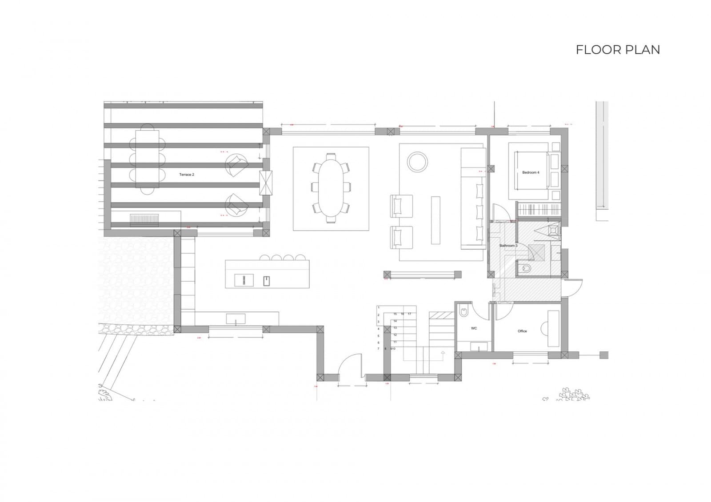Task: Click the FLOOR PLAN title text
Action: pyautogui.click(x=618, y=50)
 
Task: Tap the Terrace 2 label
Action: pyautogui.click(x=187, y=175)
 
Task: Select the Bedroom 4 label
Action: pyautogui.click(x=531, y=172)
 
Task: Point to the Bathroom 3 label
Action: pyautogui.click(x=508, y=246)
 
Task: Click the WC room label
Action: pyautogui.click(x=474, y=328)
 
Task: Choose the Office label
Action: pyautogui.click(x=522, y=331)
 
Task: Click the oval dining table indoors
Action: pyautogui.click(x=331, y=188)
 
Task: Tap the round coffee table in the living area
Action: pyautogui.click(x=418, y=161)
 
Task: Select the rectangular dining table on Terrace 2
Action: pyautogui.click(x=147, y=159)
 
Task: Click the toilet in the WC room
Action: pyautogui.click(x=463, y=312)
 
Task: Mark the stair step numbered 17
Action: pyautogui.click(x=409, y=314)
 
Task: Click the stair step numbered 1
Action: pyautogui.click(x=379, y=307)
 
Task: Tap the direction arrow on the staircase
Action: pyautogui.click(x=443, y=354)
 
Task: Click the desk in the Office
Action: pyautogui.click(x=553, y=328)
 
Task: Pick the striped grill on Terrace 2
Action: pyautogui.click(x=144, y=220)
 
